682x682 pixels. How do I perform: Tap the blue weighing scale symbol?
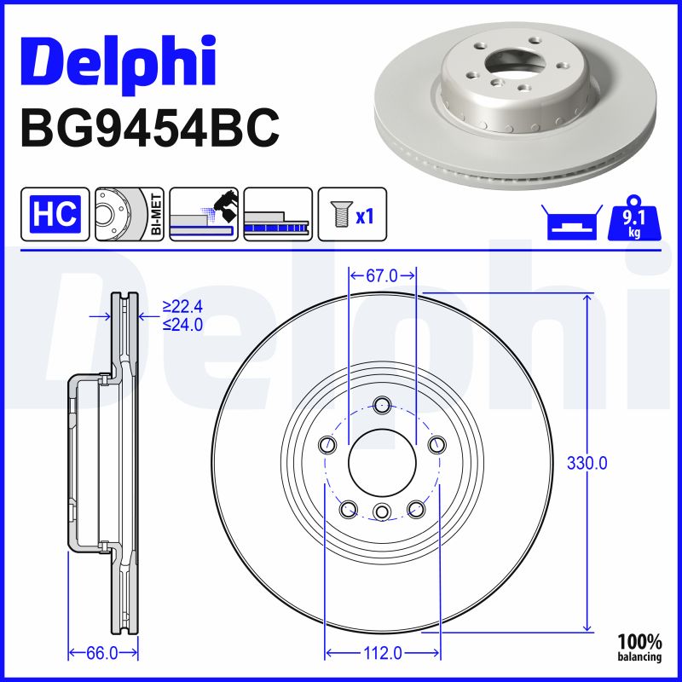[568, 223]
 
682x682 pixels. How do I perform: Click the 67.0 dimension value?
[382, 275]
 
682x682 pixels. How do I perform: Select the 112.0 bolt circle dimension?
[382, 653]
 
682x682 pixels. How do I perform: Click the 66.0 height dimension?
[101, 653]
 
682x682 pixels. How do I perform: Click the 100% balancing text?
[639, 647]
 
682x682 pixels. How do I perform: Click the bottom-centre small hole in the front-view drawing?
[382, 511]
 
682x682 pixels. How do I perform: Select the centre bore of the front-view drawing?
[382, 463]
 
